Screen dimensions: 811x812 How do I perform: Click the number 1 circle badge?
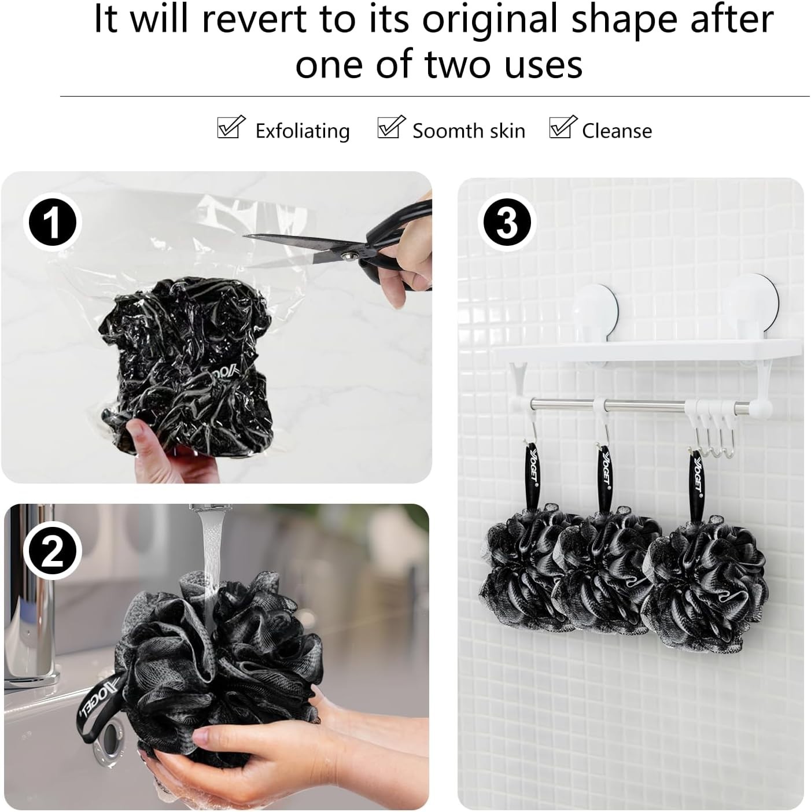(x=53, y=222)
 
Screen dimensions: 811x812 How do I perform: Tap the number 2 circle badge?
(x=53, y=551)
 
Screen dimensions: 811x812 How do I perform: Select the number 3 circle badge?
(x=507, y=222)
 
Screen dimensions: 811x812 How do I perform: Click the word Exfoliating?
(x=303, y=131)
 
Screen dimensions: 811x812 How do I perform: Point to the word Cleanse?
(x=617, y=131)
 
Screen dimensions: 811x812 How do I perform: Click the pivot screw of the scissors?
(x=349, y=255)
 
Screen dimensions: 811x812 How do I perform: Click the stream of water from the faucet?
(x=209, y=560)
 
